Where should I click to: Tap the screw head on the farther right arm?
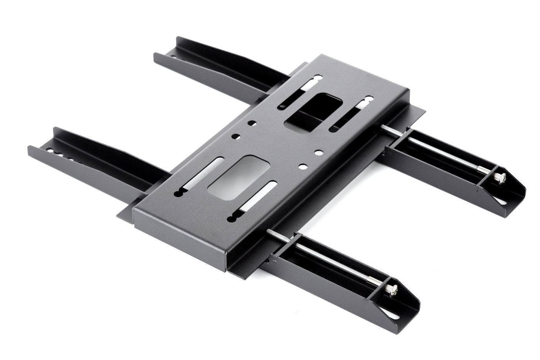(x=498, y=178)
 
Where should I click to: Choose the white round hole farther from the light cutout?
(x=319, y=152)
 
